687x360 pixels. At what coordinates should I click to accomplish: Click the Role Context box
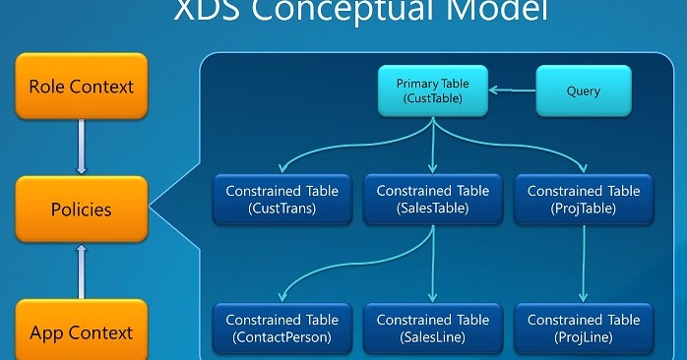click(x=81, y=86)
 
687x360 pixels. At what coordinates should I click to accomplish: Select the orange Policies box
click(x=81, y=210)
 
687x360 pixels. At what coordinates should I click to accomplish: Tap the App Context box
click(x=81, y=331)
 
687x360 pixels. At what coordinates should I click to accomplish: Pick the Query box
click(x=584, y=91)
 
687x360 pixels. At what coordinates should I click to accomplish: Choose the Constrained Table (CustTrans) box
click(x=281, y=200)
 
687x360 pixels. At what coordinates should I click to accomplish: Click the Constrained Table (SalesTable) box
click(x=432, y=200)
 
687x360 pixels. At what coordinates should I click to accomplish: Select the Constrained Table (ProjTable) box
click(x=584, y=200)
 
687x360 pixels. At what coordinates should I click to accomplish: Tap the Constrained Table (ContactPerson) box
click(x=281, y=329)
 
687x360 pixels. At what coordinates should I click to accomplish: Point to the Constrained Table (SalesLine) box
click(x=432, y=329)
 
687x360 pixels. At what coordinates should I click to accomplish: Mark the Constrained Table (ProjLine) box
click(x=584, y=329)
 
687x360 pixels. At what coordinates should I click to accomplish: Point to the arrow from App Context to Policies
click(x=81, y=270)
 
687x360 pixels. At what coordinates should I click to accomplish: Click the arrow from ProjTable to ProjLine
click(x=584, y=264)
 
